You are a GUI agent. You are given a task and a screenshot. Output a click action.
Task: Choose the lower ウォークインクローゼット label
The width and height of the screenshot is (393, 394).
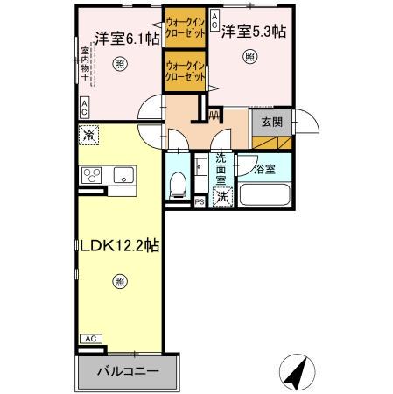185,71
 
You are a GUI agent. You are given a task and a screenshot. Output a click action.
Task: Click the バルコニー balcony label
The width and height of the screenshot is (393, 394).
129,371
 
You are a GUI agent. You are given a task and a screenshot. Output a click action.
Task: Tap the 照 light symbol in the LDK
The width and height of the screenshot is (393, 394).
118,281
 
